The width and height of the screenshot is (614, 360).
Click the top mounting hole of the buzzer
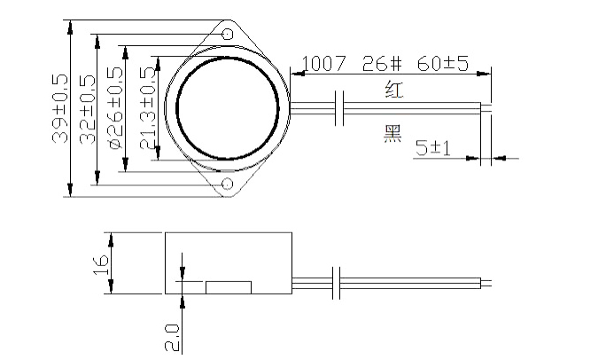[228, 34]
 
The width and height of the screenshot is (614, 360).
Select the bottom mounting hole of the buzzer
[228, 184]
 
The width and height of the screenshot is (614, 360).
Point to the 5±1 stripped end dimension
[433, 149]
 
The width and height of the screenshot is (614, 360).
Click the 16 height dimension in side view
[102, 262]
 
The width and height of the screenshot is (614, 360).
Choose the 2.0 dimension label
[172, 338]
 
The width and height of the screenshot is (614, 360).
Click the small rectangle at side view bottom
[229, 287]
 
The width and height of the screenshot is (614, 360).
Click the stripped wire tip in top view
[486, 108]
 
